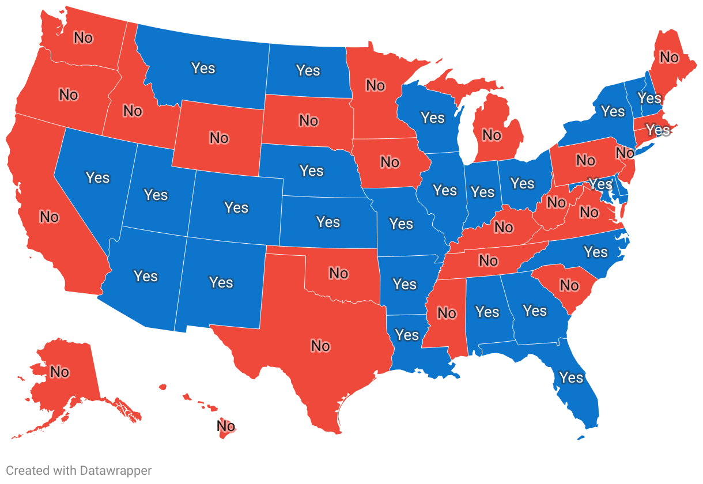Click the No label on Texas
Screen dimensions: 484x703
(320, 346)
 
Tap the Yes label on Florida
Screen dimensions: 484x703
(572, 377)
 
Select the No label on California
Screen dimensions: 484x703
(49, 217)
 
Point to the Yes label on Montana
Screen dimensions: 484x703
(203, 68)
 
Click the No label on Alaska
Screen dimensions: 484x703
(59, 372)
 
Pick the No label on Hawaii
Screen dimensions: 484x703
(226, 426)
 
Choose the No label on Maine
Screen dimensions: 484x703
(669, 58)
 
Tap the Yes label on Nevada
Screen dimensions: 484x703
(97, 177)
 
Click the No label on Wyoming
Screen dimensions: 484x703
(219, 138)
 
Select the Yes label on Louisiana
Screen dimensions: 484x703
(407, 335)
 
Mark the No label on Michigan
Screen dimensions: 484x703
(492, 135)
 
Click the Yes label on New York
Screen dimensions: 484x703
(613, 111)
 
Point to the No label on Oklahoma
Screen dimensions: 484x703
(339, 273)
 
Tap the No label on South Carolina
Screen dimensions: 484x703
(569, 286)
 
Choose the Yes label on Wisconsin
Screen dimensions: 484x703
(433, 118)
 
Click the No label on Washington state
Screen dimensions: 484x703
(83, 38)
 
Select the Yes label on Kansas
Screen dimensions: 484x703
(328, 222)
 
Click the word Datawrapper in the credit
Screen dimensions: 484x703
(114, 471)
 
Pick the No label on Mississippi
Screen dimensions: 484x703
(447, 313)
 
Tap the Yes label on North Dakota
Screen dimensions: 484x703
(308, 70)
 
